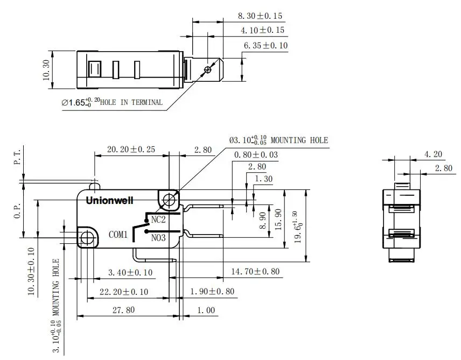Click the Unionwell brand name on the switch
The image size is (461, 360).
point(110,201)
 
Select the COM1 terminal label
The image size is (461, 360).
point(118,235)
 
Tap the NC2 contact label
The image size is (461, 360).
point(158,220)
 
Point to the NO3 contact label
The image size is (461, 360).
point(158,237)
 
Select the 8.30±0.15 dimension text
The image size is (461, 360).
point(261,17)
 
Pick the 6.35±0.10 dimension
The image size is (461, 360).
point(266,46)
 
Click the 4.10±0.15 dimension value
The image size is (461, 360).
point(262,31)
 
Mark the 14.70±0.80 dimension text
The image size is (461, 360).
point(255,272)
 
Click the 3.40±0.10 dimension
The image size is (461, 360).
point(130,273)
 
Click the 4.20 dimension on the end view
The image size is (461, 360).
point(433,154)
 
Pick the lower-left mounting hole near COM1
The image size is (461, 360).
point(86,236)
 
